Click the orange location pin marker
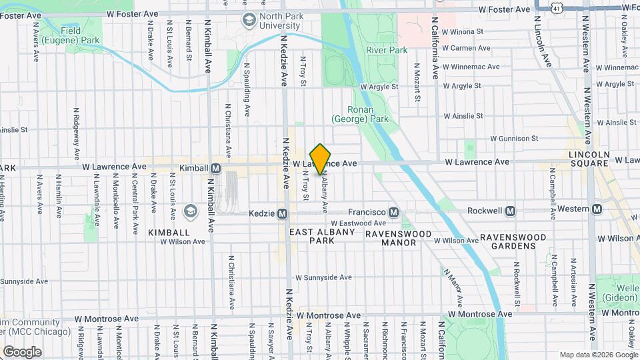coord(321,159)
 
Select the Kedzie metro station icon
coord(282,214)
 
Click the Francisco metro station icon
coord(394,212)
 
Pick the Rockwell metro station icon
coord(511,211)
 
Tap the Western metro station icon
coord(596,209)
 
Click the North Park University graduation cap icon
coord(249,20)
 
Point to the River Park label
coord(386,50)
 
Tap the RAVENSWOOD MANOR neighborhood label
coord(399,238)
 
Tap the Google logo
coord(22,351)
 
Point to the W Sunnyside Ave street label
coord(323,277)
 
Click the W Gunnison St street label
coord(513,139)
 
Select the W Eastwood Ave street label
coord(359,223)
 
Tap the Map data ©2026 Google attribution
coord(598,355)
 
